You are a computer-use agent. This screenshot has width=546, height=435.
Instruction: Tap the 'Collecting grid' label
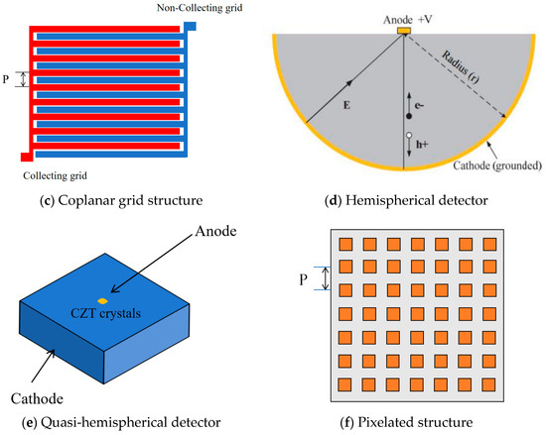(x=63, y=175)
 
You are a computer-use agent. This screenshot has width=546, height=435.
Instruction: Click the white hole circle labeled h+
(x=408, y=135)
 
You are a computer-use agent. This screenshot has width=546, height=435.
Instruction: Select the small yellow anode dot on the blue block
(x=101, y=300)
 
